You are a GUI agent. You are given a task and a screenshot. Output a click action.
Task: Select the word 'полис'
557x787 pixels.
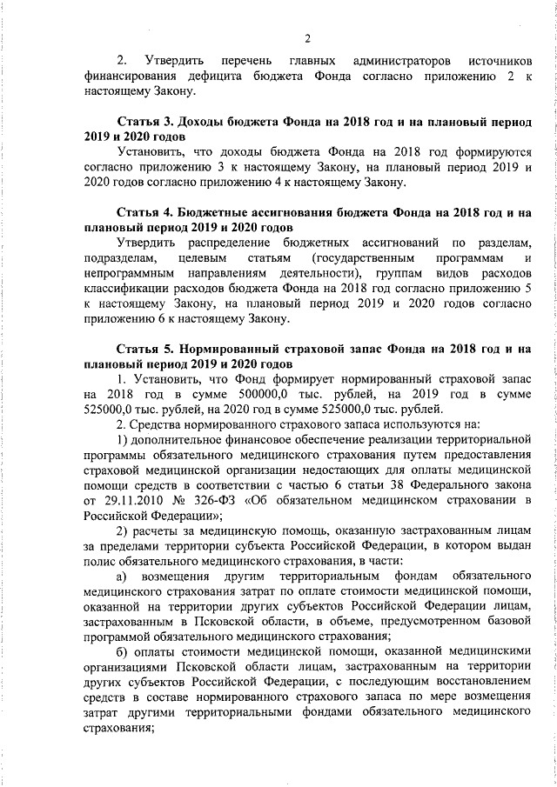click(99, 562)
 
